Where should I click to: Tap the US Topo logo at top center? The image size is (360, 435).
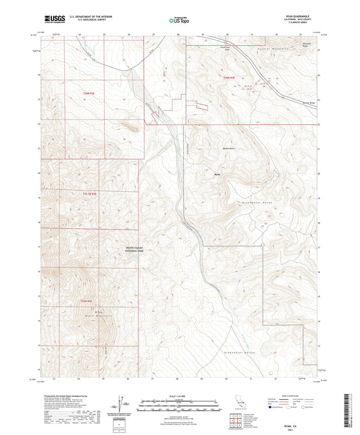[179, 20]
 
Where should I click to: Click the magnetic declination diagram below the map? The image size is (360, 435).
[126, 406]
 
